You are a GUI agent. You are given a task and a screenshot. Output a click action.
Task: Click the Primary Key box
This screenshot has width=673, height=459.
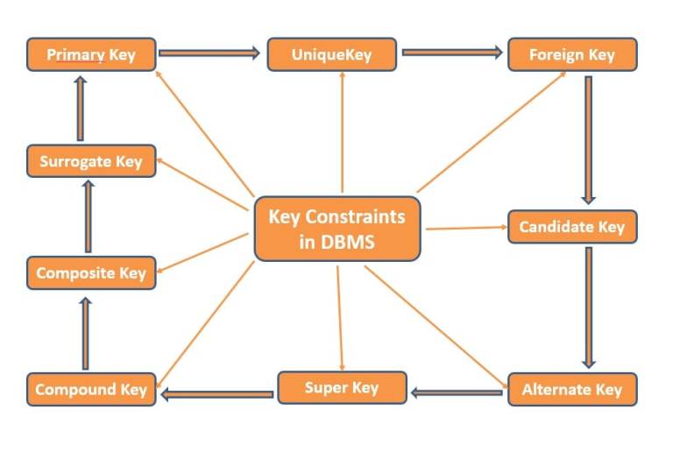[x=91, y=54]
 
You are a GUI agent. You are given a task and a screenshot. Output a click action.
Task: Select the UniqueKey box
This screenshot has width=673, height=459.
[x=331, y=54]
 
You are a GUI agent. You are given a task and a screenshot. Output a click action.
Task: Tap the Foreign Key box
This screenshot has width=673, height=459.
[x=571, y=54]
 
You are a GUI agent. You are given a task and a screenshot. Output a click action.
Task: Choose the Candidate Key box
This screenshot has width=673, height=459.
[x=571, y=227]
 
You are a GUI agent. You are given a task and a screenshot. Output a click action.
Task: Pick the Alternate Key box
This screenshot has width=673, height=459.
[x=571, y=390]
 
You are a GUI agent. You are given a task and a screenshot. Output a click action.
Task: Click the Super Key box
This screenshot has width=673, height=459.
[x=342, y=387]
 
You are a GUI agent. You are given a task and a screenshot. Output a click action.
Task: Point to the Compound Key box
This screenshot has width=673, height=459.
[x=91, y=390]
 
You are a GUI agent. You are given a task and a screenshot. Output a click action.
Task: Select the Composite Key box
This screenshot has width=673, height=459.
[x=91, y=273]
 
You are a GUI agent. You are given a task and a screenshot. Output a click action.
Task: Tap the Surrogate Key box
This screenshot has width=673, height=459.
[x=91, y=161]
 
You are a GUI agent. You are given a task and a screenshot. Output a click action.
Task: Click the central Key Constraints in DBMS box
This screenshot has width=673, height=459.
[x=336, y=229]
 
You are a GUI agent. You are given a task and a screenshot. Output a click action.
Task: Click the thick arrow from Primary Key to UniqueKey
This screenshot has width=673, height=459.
[x=210, y=53]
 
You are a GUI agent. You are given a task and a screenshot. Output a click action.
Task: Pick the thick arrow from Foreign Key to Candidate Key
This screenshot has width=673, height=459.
[x=588, y=140]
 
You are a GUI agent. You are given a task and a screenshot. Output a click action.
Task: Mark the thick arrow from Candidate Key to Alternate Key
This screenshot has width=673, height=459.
[x=588, y=307]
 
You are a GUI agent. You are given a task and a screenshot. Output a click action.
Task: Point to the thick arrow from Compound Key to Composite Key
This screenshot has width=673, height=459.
[x=85, y=333]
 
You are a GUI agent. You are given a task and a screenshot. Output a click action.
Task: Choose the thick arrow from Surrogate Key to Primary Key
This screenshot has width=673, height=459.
[x=81, y=108]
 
